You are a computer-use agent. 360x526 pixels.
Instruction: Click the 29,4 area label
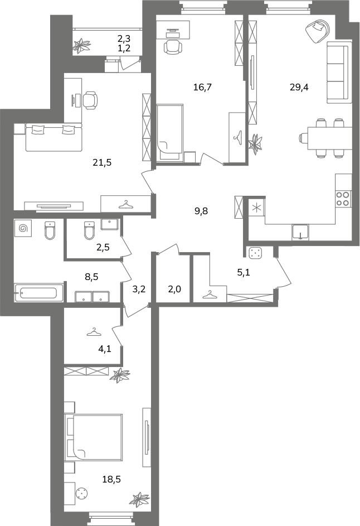[x=299, y=88]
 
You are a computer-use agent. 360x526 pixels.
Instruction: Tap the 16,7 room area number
[x=202, y=88]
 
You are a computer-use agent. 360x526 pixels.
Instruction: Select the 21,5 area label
[x=102, y=163]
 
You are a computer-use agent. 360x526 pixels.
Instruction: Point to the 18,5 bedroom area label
[x=111, y=480]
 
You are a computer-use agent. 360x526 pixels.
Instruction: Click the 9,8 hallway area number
[x=201, y=211]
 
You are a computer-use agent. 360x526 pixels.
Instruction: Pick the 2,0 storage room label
[x=174, y=289]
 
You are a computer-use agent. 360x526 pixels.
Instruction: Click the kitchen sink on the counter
[x=300, y=232]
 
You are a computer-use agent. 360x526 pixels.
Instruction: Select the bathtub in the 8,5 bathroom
[x=38, y=293]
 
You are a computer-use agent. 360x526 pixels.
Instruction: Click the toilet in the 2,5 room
[x=89, y=230]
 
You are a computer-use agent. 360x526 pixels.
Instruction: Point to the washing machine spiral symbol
[x=23, y=228]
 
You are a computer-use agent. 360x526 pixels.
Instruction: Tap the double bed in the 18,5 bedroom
[x=94, y=437]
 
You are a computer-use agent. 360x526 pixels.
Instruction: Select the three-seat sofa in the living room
[x=339, y=73]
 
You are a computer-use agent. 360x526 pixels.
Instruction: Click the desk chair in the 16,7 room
[x=173, y=46]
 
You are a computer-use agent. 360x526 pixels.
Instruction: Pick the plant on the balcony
[x=82, y=46]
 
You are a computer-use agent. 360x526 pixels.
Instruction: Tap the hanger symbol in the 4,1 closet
[x=94, y=332]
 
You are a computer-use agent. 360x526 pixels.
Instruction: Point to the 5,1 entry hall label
[x=244, y=273]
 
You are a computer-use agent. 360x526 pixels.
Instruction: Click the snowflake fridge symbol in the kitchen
[x=256, y=207]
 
